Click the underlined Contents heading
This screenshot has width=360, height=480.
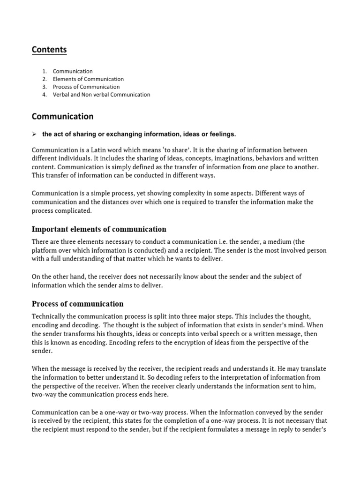(49, 50)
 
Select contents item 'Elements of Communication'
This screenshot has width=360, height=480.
(88, 79)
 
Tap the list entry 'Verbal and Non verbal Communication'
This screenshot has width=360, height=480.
(101, 94)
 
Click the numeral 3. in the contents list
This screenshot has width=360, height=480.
(44, 87)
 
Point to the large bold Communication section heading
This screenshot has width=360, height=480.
(62, 116)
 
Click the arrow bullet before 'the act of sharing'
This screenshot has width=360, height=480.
(34, 135)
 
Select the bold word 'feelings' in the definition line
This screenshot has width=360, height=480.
(222, 135)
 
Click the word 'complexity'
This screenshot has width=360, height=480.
(176, 194)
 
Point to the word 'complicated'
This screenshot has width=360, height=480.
(75, 210)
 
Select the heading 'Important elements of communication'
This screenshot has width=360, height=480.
(98, 229)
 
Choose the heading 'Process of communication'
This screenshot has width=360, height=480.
(77, 304)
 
